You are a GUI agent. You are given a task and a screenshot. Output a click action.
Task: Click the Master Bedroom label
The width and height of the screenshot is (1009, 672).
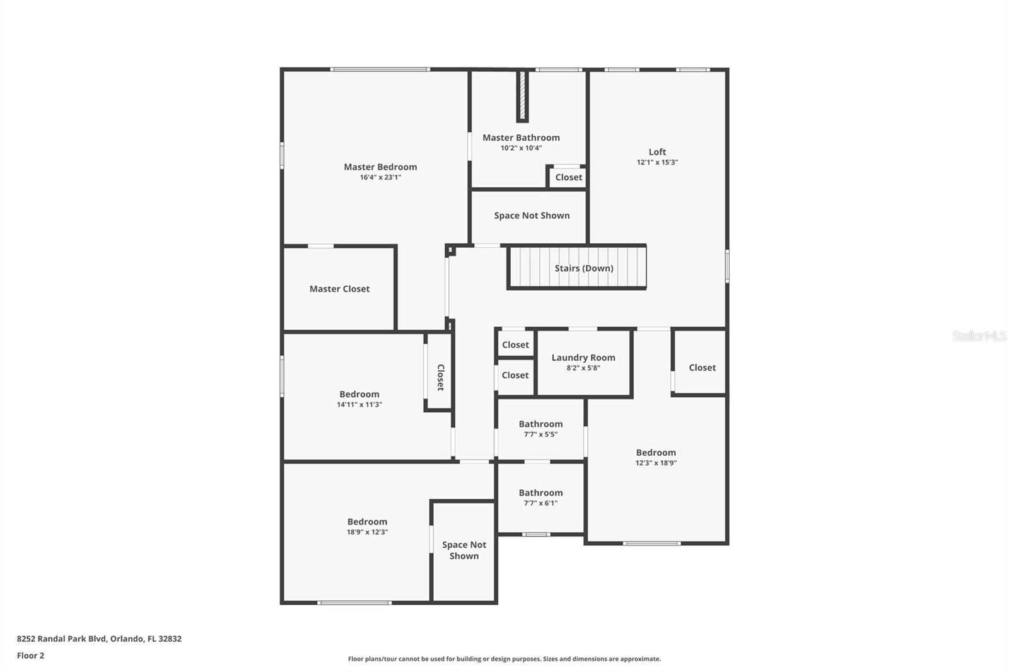(x=380, y=167)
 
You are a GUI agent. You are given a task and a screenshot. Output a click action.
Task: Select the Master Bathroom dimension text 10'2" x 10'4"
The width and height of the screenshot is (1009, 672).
(x=521, y=148)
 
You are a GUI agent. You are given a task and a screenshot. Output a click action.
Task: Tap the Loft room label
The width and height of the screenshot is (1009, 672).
(x=657, y=152)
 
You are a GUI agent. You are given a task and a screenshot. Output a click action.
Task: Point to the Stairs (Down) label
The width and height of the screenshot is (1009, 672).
(x=584, y=269)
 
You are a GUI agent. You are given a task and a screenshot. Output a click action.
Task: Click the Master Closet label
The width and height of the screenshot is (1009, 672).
(x=339, y=289)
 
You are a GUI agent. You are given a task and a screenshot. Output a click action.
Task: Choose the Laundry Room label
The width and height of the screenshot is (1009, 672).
(x=583, y=357)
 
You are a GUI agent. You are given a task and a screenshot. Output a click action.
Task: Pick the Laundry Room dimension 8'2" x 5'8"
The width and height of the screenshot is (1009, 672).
(x=583, y=368)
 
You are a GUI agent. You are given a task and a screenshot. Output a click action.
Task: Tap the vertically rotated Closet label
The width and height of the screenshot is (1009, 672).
(x=441, y=378)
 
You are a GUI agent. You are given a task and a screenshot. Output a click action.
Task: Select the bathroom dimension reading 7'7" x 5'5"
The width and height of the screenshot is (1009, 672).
(x=540, y=434)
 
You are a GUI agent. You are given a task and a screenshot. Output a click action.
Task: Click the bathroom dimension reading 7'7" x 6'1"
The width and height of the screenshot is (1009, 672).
(x=540, y=503)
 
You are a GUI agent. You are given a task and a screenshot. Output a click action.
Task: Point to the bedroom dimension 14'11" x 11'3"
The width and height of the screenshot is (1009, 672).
(x=359, y=405)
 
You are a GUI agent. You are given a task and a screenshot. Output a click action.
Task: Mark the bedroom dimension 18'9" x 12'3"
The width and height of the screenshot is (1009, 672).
(x=367, y=532)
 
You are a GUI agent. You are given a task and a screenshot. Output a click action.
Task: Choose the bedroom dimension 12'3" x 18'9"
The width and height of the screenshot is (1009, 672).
(x=656, y=463)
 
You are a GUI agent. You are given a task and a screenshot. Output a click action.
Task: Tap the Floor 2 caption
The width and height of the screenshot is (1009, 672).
(x=31, y=656)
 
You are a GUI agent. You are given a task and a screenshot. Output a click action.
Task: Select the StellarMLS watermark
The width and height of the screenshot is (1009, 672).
(x=979, y=336)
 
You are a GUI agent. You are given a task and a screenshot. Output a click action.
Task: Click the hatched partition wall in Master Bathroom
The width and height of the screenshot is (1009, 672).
(x=523, y=96)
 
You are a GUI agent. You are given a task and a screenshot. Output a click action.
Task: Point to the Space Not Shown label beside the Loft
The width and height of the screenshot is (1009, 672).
(x=532, y=216)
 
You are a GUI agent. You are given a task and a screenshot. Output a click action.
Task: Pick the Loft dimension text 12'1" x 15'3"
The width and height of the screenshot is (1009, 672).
(x=657, y=162)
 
